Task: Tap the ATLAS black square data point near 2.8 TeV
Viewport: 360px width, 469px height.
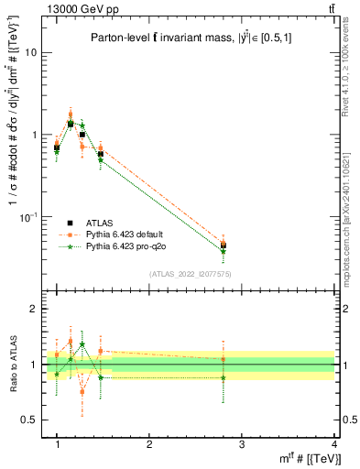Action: pos(224,245)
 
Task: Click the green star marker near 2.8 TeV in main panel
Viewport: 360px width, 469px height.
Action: pos(224,250)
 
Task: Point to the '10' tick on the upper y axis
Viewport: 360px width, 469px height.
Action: pos(31,52)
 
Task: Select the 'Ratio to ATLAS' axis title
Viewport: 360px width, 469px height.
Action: pos(12,365)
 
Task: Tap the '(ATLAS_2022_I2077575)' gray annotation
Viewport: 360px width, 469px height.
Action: pos(191,273)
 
